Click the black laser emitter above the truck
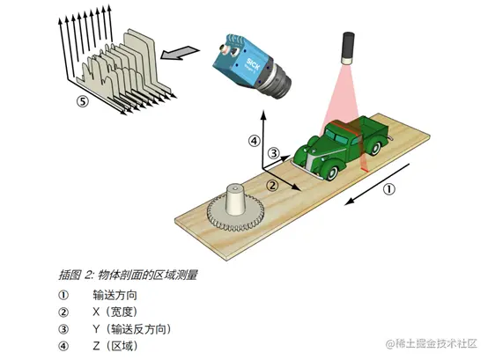[x=348, y=48]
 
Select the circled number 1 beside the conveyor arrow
[x=388, y=188]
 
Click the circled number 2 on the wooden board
[x=272, y=186]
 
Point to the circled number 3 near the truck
[x=274, y=153]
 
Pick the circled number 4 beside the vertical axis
[x=254, y=141]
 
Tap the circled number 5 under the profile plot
[x=83, y=101]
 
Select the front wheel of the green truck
[x=332, y=173]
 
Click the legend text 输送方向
[x=115, y=295]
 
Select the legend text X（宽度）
[x=115, y=312]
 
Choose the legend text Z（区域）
[x=115, y=346]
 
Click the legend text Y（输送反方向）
[x=132, y=329]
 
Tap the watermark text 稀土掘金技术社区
[x=436, y=343]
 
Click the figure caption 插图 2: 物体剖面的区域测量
[x=128, y=276]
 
